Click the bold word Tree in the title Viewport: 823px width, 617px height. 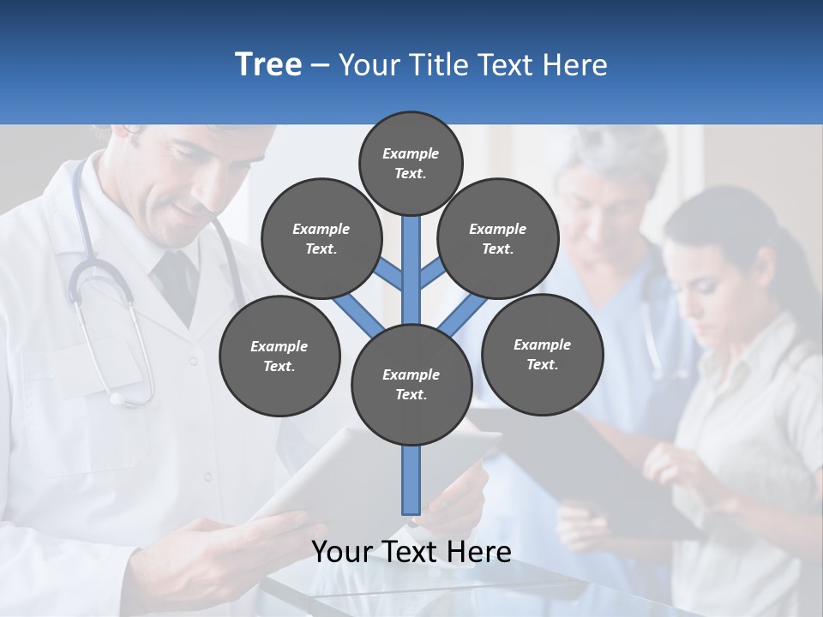[268, 65]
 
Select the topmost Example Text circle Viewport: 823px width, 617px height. [411, 163]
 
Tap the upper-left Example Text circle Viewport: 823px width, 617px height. [321, 239]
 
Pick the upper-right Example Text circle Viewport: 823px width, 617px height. [498, 239]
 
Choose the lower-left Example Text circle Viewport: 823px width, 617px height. [279, 356]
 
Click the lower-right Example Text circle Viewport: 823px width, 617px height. [542, 354]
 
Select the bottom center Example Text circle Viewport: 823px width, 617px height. [411, 385]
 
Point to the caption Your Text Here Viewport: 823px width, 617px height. [411, 552]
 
